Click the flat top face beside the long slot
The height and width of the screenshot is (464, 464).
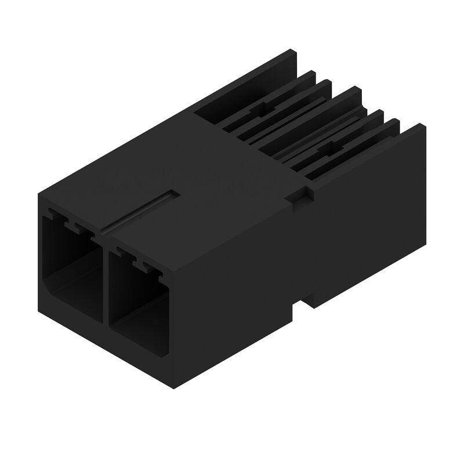[x=220, y=174]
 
